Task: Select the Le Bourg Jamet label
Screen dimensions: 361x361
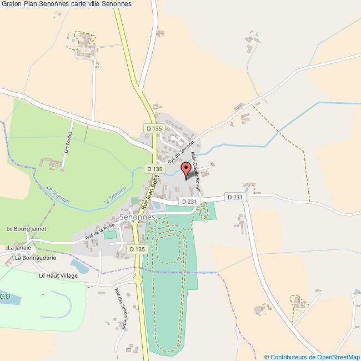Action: coord(26,228)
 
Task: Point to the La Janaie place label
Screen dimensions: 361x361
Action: coord(17,247)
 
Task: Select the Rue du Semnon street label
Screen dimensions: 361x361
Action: coord(181,150)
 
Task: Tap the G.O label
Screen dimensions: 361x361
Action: coord(5,297)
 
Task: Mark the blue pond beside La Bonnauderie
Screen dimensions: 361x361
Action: coord(79,267)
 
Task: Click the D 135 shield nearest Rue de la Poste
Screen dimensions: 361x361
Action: coord(137,249)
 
